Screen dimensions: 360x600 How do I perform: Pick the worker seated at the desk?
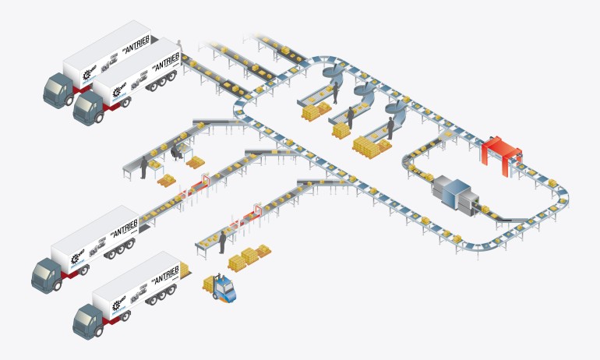point(176,150)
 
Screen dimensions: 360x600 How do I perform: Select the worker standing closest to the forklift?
point(222,242)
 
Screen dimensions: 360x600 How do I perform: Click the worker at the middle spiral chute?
point(351,118)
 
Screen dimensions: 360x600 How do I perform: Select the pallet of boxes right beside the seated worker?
point(195,162)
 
